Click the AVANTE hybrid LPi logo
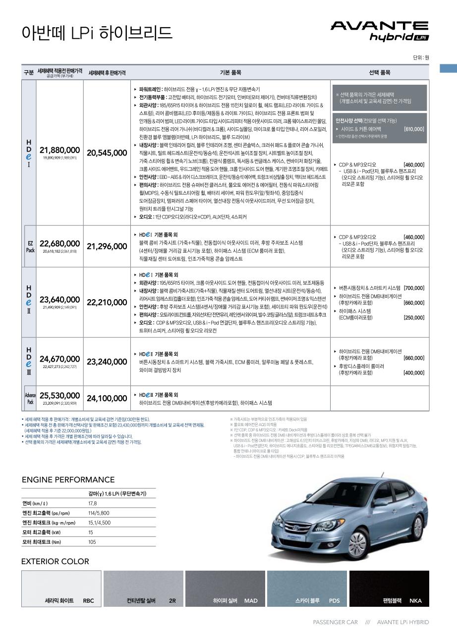coord(379,31)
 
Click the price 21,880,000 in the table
coord(59,150)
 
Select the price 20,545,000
coord(107,153)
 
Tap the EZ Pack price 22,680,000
coord(59,244)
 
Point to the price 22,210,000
coord(107,302)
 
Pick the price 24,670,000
coord(59,359)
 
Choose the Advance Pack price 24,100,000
coord(107,398)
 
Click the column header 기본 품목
coord(230,72)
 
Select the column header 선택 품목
coord(380,72)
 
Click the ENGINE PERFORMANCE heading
coord(68,479)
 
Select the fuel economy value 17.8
coord(93,503)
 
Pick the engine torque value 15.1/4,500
coord(99,523)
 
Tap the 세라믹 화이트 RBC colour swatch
coord(61,588)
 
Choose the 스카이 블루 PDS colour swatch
coord(307,588)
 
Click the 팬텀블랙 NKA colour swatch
coord(389,588)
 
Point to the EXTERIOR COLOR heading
coord(55,561)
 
